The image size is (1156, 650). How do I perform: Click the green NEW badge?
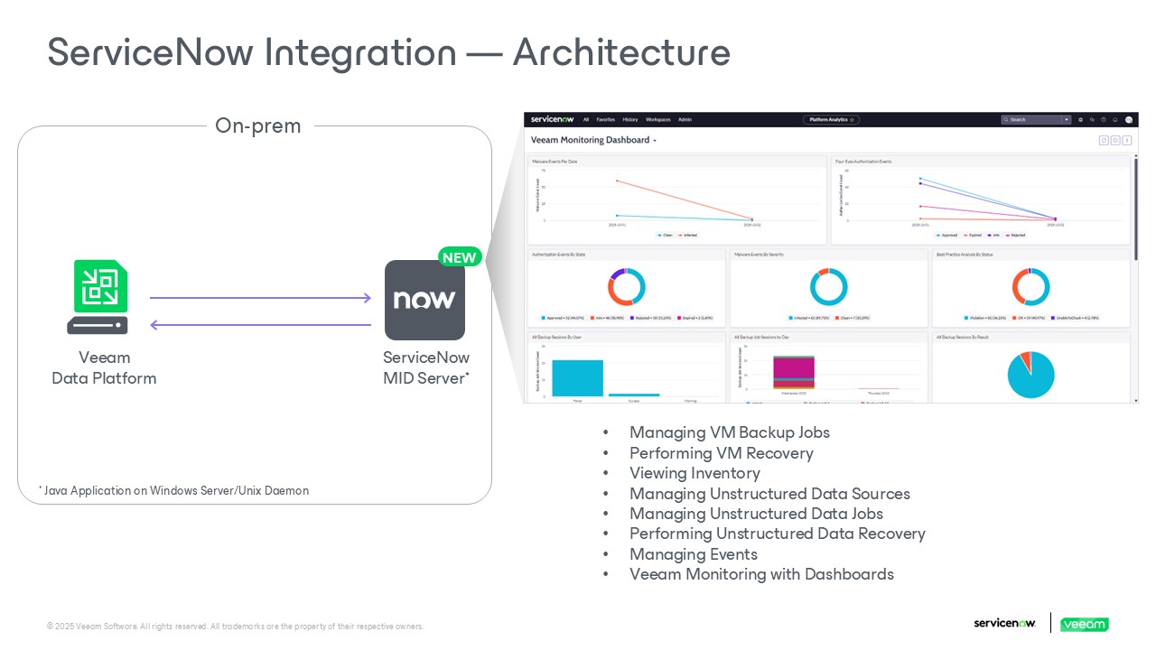coord(459,257)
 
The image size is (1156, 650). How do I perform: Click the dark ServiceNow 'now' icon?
coord(424,300)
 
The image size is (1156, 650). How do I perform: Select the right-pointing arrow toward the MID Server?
coord(260,297)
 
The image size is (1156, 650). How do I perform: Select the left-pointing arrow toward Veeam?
coord(260,325)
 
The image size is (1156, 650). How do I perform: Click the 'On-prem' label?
coord(257,125)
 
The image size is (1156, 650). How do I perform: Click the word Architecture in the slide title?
coord(621,52)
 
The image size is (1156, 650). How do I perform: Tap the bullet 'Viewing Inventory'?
coord(695,473)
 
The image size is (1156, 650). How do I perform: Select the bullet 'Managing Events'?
coord(693,554)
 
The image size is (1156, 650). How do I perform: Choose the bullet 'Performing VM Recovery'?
coord(721,453)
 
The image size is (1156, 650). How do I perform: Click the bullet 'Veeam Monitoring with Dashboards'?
coord(761,574)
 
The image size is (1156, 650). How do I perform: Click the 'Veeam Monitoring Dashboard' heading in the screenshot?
coord(590,140)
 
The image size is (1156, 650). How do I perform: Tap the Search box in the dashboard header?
coord(1032,119)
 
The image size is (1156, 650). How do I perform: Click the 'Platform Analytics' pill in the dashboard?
coord(831,119)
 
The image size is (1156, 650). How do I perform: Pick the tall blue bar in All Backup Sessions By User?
coord(577,377)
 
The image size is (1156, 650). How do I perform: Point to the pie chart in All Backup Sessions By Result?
coord(1030,375)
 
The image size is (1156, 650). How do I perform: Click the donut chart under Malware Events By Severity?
coord(828,287)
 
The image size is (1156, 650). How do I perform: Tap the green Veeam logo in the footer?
coord(1084,624)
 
